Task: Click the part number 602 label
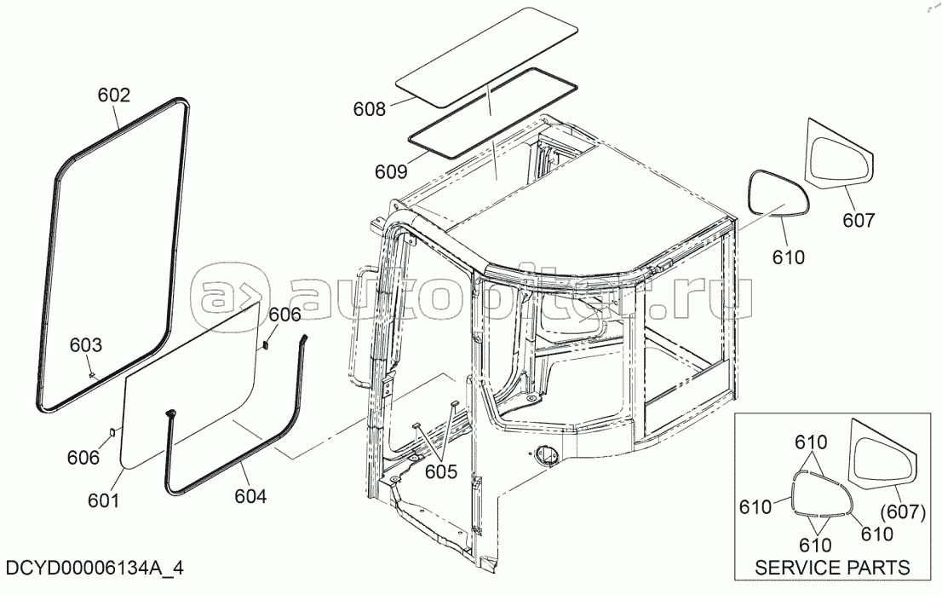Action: click(x=113, y=95)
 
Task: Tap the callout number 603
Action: click(x=86, y=345)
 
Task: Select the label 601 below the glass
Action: click(x=104, y=500)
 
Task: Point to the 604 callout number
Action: click(x=250, y=496)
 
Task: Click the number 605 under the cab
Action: click(x=441, y=471)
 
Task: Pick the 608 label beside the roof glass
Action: click(x=370, y=109)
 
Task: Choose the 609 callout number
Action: click(x=391, y=172)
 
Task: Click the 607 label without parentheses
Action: click(x=859, y=221)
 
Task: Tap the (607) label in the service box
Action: click(x=902, y=512)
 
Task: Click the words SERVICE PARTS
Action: click(x=832, y=568)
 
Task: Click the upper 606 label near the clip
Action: click(x=284, y=315)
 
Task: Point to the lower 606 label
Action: click(x=83, y=458)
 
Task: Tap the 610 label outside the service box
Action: click(x=788, y=257)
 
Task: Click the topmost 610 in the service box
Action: click(x=811, y=442)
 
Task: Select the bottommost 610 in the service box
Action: click(x=815, y=545)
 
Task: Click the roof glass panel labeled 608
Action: click(x=486, y=58)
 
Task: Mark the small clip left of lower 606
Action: click(x=112, y=431)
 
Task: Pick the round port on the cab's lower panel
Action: click(x=549, y=455)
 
